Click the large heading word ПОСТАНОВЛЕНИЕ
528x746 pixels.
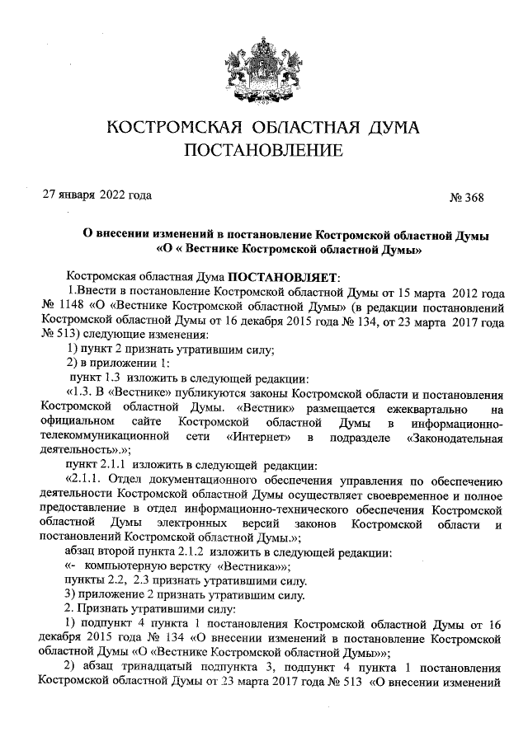(263, 150)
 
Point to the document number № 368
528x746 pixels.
(466, 197)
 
